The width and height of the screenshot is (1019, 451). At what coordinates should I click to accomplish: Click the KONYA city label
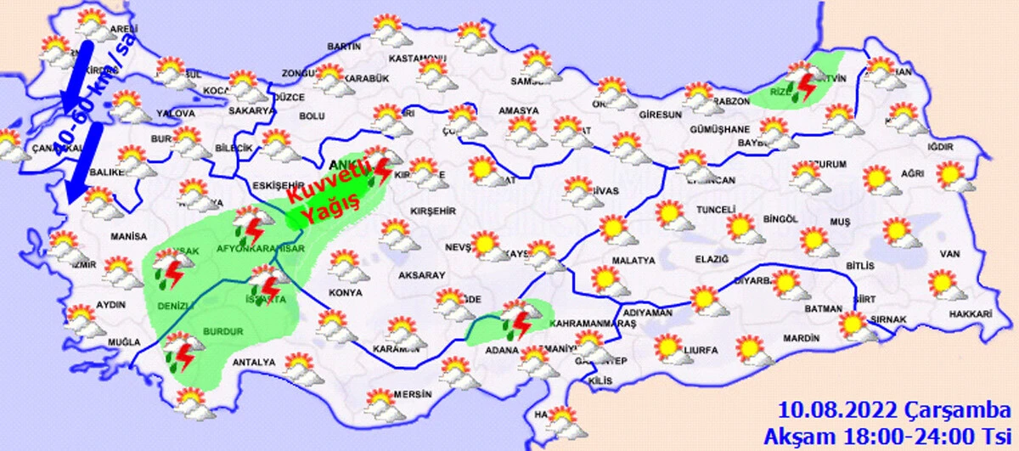pos(346,293)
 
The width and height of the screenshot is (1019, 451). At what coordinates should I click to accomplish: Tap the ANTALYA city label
pos(255,363)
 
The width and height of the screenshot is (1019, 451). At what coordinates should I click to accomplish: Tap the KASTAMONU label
pos(417,59)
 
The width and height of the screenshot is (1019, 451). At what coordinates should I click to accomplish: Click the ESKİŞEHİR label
pos(279,184)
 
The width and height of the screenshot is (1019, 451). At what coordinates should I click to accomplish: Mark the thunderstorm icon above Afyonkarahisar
pos(249,223)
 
